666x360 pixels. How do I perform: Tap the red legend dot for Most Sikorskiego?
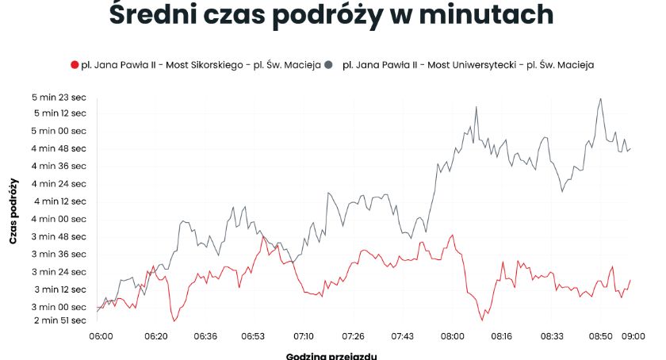tap(75, 64)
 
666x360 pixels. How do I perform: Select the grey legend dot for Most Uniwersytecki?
tap(327, 64)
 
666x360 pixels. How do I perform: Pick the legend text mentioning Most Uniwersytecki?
tap(468, 64)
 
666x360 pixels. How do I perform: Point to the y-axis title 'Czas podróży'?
tap(13, 209)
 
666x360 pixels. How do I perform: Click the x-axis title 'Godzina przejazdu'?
tap(331, 354)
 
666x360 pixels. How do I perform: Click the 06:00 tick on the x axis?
tap(101, 336)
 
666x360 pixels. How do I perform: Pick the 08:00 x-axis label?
tap(453, 336)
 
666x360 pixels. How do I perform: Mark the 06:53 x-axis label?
tap(253, 336)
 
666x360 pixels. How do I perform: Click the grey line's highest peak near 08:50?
tap(601, 99)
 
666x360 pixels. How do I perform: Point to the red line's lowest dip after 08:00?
tap(481, 320)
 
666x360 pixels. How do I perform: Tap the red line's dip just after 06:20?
tap(174, 320)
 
